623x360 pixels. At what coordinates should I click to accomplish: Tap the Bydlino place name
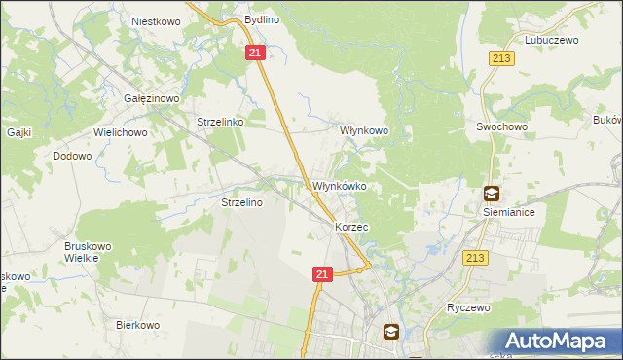click(263, 19)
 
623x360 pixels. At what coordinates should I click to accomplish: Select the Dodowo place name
click(72, 156)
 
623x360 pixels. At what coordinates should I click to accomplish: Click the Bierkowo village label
click(137, 325)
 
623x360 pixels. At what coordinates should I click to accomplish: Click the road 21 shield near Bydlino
click(255, 54)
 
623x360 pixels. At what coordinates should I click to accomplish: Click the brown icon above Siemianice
click(493, 193)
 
